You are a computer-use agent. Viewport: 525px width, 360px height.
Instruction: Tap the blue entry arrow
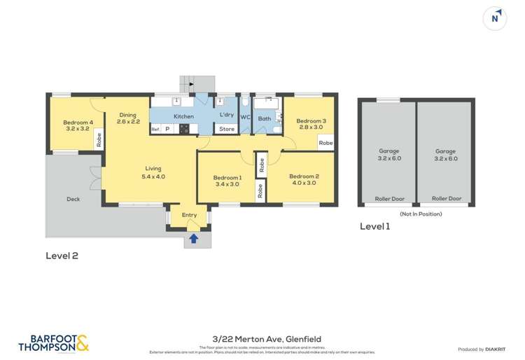194,239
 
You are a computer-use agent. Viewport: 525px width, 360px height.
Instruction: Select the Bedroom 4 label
78,125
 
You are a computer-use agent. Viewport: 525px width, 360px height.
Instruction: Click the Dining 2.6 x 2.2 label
128,118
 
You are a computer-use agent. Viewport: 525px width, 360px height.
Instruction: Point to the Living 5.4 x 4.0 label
153,172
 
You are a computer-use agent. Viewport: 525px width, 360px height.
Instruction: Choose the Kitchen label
183,116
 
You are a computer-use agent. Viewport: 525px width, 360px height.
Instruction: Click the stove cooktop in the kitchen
184,129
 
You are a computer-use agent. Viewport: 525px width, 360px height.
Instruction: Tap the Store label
227,129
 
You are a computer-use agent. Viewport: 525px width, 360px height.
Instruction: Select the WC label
245,117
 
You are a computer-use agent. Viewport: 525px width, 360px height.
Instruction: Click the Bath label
264,118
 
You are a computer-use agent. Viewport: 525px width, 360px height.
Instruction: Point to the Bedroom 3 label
311,124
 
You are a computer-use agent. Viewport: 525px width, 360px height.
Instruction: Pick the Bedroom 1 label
227,181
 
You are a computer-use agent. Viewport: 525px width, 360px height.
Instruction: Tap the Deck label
73,199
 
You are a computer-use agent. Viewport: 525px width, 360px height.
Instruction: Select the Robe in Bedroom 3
325,143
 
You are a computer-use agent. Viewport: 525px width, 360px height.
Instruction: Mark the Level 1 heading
374,226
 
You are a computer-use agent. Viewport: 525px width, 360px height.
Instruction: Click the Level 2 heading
62,256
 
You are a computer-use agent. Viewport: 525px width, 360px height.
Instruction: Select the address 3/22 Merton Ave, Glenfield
262,339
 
